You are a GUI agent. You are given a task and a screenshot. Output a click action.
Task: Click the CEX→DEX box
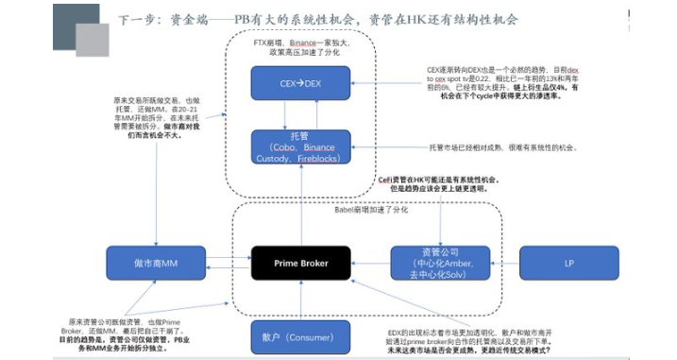coord(300,82)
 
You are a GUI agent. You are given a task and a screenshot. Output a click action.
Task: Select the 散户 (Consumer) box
coord(300,335)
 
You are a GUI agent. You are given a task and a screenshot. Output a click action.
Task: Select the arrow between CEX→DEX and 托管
coord(300,114)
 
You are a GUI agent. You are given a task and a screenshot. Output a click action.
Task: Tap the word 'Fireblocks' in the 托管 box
coord(321,162)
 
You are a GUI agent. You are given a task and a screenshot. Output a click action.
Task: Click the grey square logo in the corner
coord(80,28)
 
